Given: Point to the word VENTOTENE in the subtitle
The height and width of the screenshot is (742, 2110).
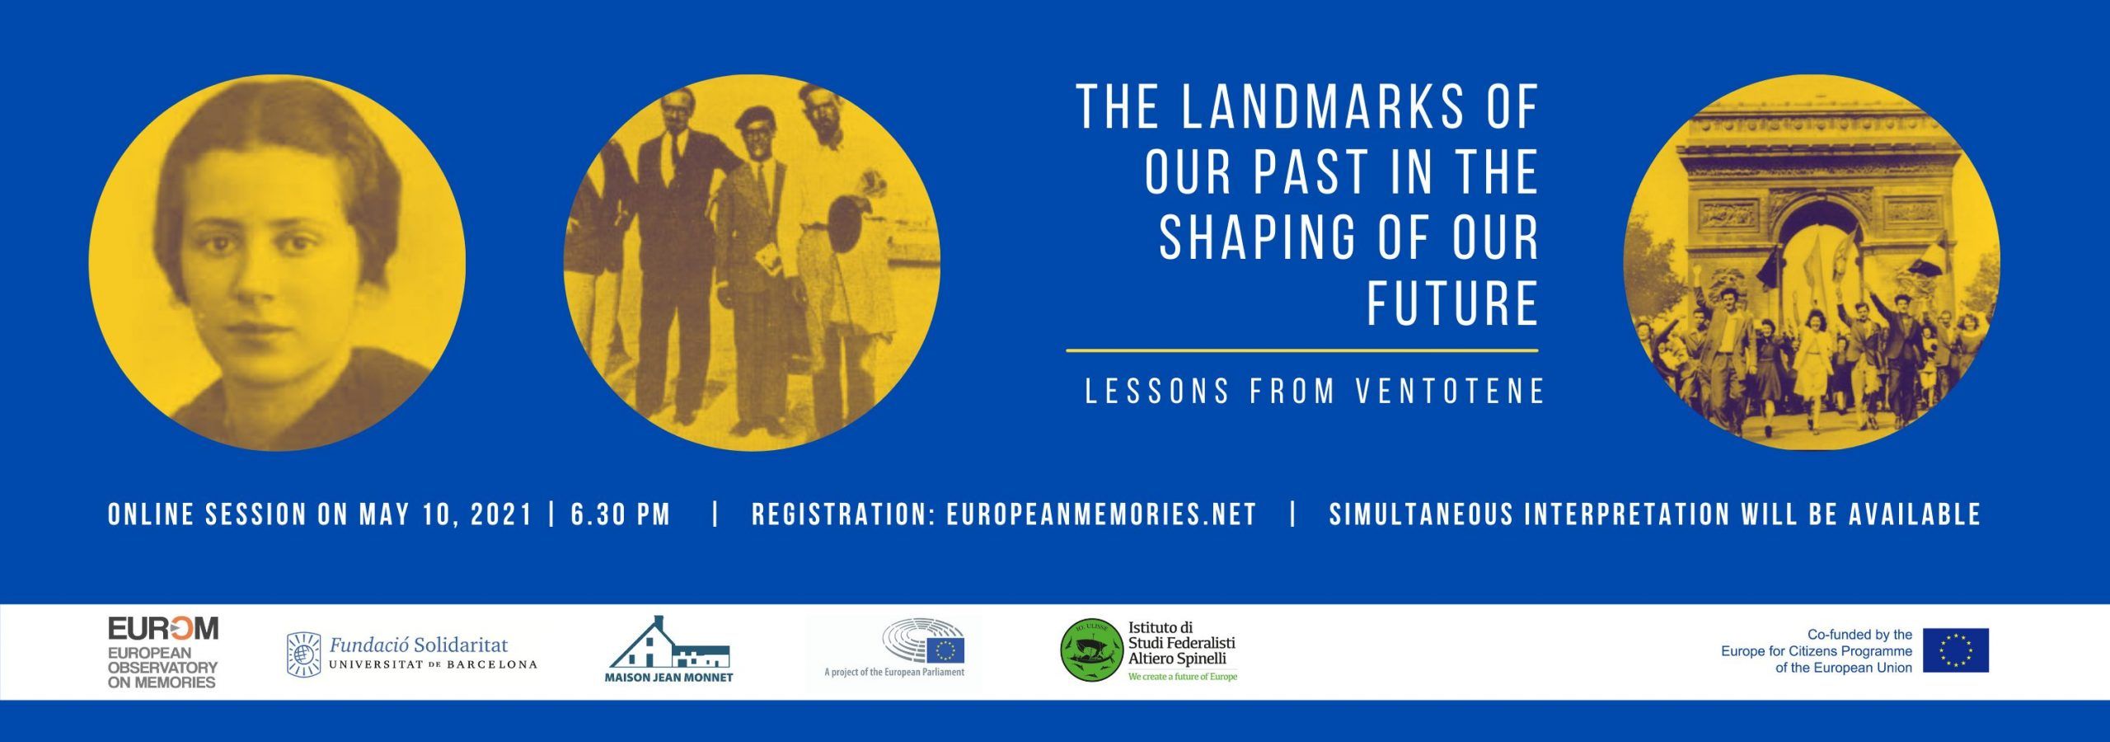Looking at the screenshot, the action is (1451, 392).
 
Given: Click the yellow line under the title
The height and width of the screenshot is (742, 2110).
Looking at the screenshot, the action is (1302, 350).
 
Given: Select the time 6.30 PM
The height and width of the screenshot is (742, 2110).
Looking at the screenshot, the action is (621, 514).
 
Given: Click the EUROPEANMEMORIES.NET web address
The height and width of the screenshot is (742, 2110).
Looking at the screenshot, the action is (1101, 514).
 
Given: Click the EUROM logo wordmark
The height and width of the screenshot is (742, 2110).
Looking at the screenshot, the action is (163, 630).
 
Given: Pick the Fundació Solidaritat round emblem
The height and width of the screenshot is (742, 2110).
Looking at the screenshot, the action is (303, 655).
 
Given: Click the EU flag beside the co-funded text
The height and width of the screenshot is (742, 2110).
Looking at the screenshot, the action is (1956, 650).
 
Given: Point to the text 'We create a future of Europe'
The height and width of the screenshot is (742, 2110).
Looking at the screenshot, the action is (1183, 677).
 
